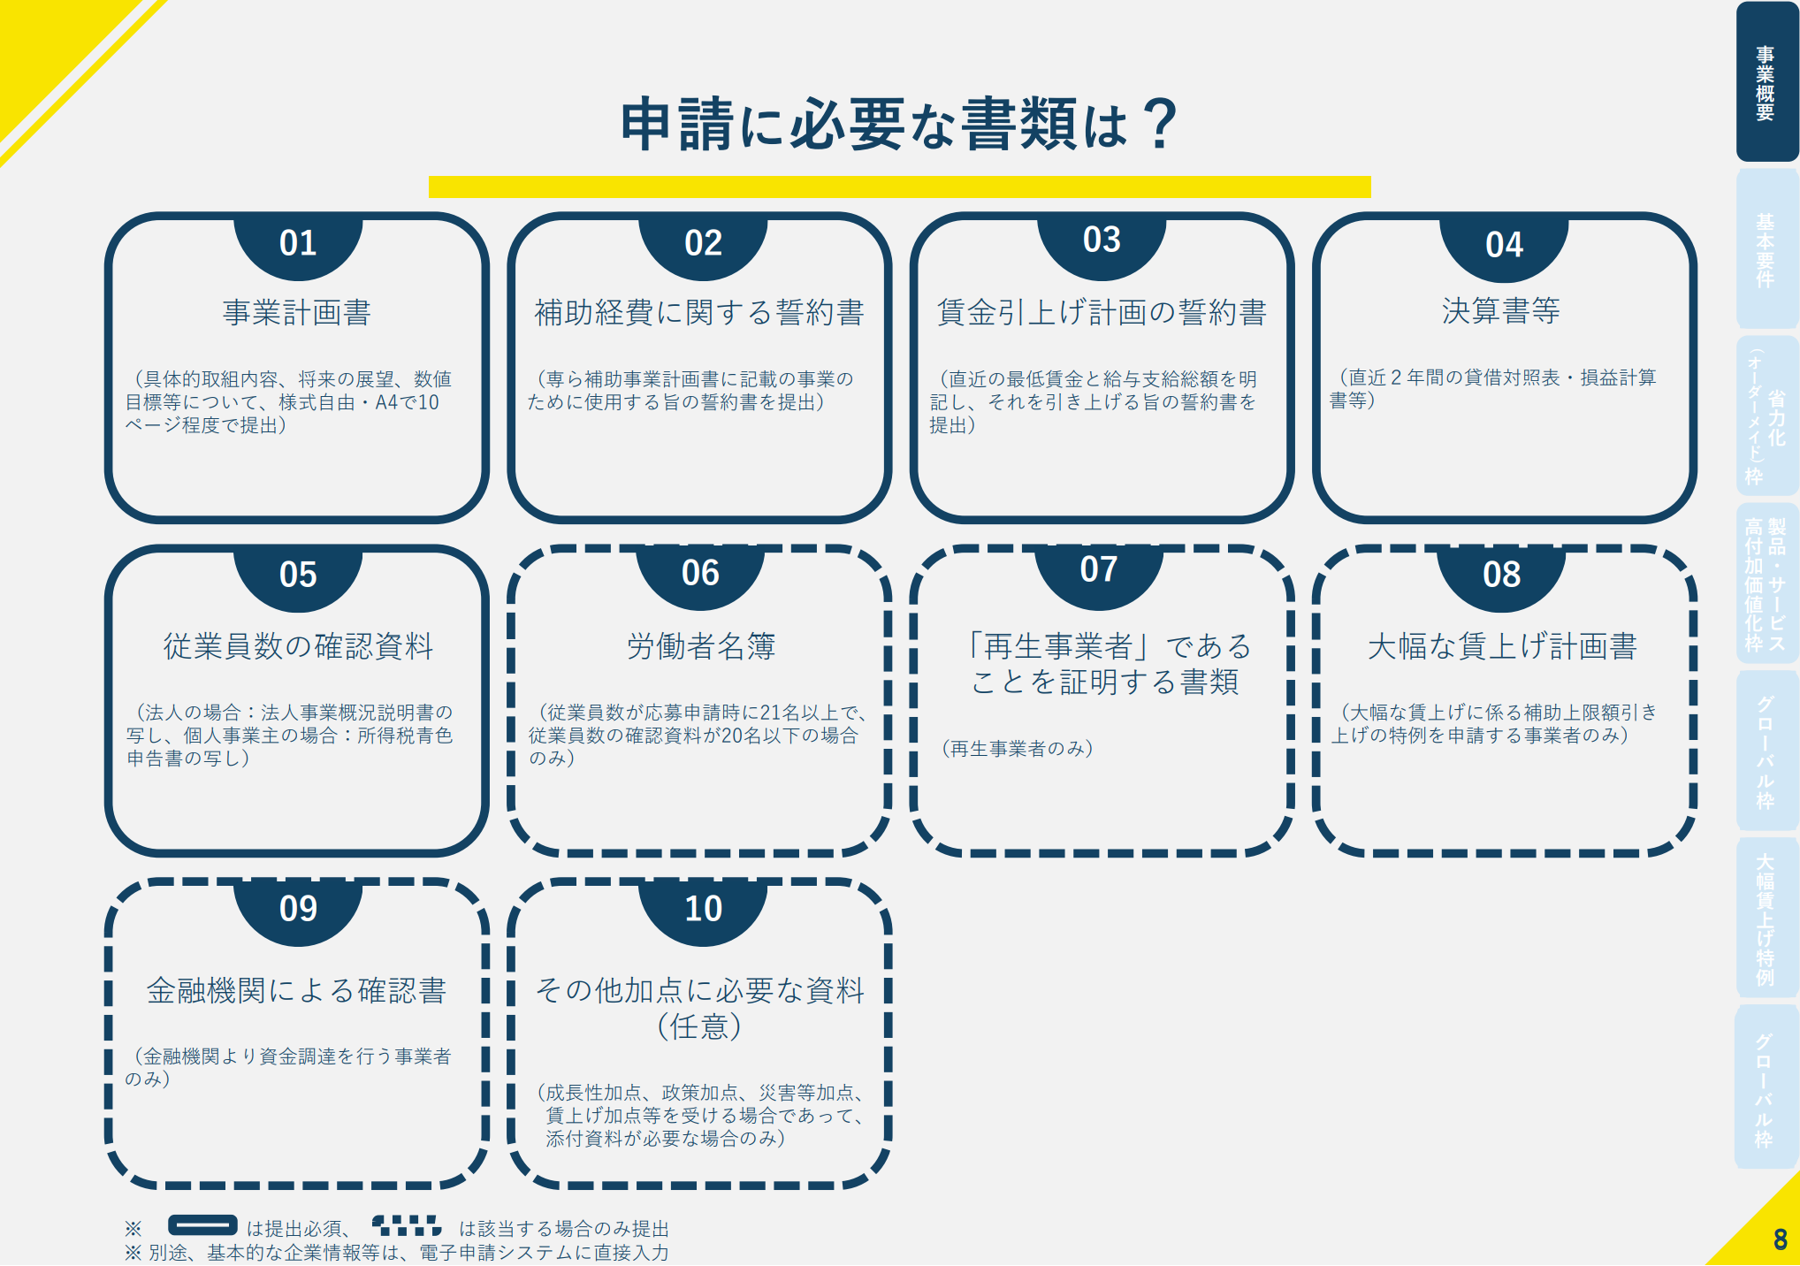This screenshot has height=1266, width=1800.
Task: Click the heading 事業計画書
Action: point(297,312)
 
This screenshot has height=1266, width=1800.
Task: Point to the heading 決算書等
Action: point(1501,310)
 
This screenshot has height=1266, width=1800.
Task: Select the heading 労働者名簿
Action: point(701,646)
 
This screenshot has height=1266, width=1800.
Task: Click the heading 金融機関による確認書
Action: point(296,990)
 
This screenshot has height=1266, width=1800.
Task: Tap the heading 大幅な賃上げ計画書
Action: point(1502,646)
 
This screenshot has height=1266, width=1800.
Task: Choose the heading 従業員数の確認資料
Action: point(298,646)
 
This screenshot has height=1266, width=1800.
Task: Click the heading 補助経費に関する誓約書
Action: point(699,312)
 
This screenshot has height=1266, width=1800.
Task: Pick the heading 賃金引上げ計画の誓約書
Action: point(1102,312)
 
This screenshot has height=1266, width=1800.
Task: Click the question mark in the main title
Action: point(1159,124)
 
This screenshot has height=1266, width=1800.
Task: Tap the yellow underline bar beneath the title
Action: point(899,187)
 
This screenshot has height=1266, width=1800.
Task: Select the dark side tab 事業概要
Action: point(1766,81)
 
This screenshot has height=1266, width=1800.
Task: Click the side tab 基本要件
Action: point(1766,249)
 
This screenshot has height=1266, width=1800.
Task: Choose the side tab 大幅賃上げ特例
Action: point(1766,919)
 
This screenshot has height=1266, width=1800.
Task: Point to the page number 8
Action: point(1780,1239)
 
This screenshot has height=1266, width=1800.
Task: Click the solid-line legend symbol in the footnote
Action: point(202,1225)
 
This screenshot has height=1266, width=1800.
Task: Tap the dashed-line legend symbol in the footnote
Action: point(407,1225)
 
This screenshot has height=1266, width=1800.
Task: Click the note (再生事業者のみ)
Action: point(1018,749)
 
